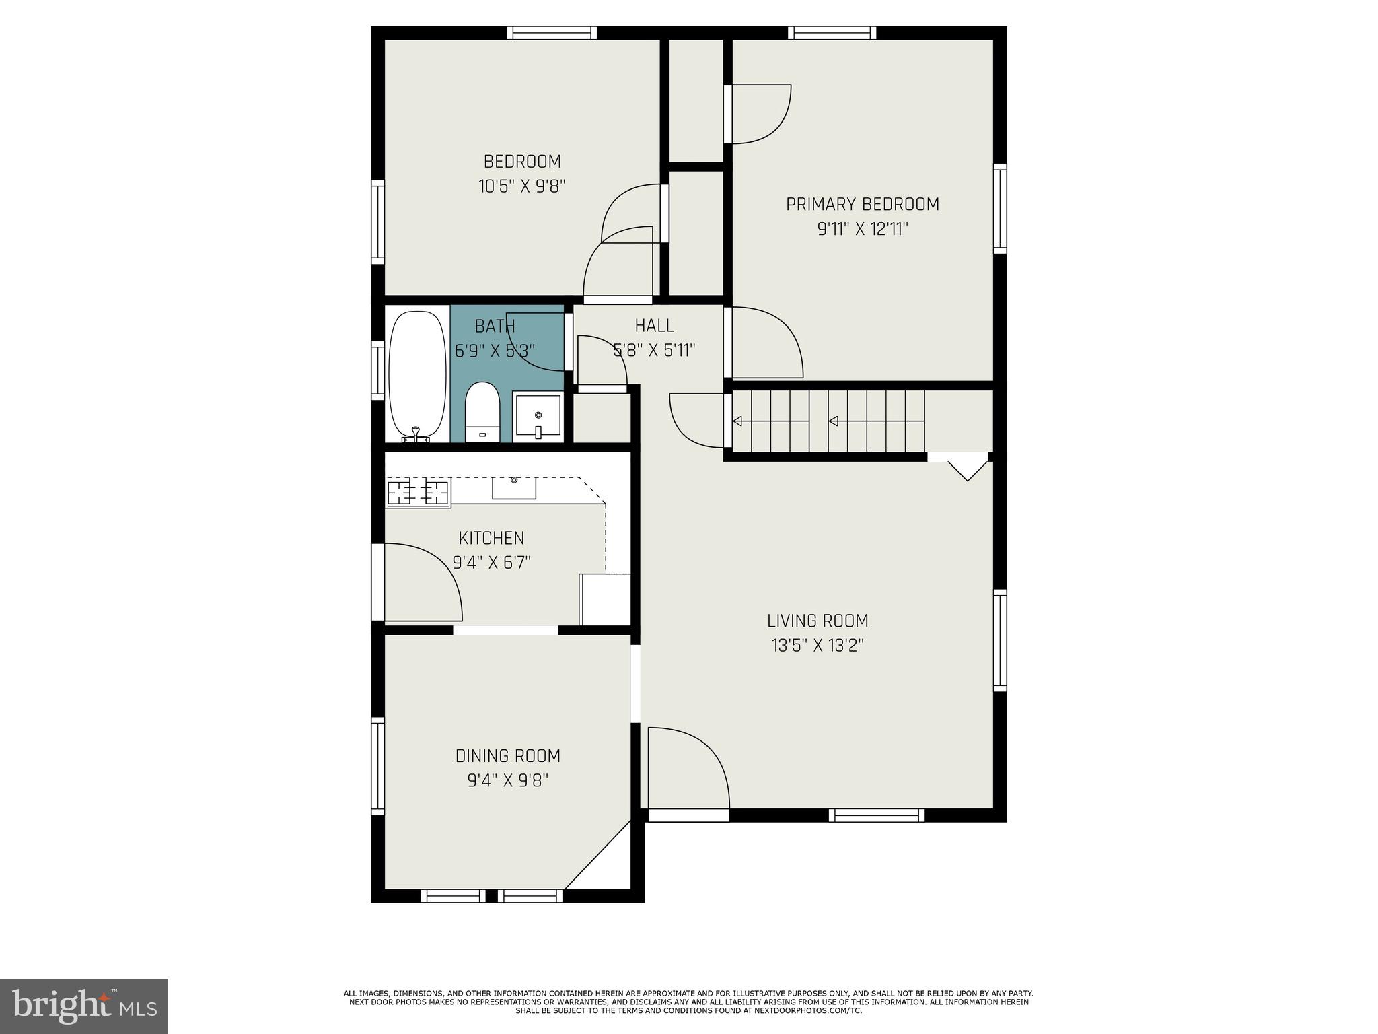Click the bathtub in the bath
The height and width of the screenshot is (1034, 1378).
(417, 374)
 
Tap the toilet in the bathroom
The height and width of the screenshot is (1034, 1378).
(482, 412)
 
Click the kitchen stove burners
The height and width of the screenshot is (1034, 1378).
(418, 492)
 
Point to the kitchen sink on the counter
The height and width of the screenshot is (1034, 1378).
(514, 488)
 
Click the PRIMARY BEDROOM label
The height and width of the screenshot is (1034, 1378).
(863, 204)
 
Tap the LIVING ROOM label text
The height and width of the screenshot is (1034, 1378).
(818, 621)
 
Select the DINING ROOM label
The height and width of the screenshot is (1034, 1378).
(508, 756)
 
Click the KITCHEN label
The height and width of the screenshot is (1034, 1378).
(491, 538)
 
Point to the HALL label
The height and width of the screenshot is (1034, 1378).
(654, 326)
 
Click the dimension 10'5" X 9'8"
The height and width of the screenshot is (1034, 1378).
(522, 186)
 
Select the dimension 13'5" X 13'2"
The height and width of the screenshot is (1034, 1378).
(818, 646)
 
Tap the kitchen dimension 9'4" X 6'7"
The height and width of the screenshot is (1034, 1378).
(492, 562)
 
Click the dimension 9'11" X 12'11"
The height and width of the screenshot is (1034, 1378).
(863, 230)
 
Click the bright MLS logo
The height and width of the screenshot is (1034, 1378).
(84, 1006)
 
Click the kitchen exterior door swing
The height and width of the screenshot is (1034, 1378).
(421, 582)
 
